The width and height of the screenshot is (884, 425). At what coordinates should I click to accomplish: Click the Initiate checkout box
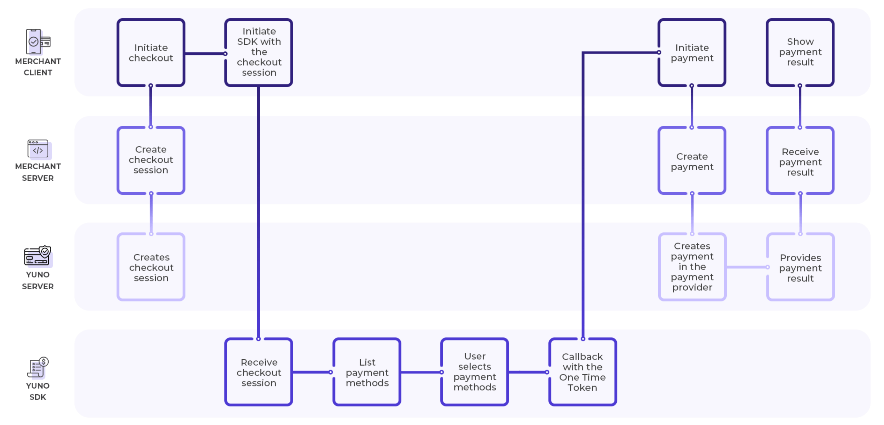tap(151, 53)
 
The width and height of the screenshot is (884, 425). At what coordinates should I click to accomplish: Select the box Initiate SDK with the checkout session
tap(259, 53)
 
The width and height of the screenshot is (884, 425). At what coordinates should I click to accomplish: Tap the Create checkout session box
tap(151, 160)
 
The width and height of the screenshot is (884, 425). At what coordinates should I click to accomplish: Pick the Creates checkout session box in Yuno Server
tap(151, 267)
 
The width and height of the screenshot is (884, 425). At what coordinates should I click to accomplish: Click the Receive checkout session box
tap(259, 372)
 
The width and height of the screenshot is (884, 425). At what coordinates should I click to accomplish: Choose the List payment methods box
tap(367, 372)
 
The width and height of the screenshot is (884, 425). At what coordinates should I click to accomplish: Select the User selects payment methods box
tap(475, 372)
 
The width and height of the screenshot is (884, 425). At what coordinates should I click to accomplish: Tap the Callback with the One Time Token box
tap(582, 372)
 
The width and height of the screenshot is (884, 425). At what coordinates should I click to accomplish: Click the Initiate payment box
tap(692, 53)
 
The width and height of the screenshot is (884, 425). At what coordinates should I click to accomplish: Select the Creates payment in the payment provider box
tap(692, 267)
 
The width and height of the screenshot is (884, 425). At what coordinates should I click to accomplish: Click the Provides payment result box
tap(800, 267)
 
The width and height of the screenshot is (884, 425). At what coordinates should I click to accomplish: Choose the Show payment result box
tap(800, 53)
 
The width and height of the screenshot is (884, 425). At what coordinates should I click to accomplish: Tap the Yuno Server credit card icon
tap(37, 256)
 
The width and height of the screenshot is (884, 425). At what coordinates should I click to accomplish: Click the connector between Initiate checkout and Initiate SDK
tap(205, 54)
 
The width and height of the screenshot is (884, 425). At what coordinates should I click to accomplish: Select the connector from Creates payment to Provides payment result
tap(746, 267)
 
